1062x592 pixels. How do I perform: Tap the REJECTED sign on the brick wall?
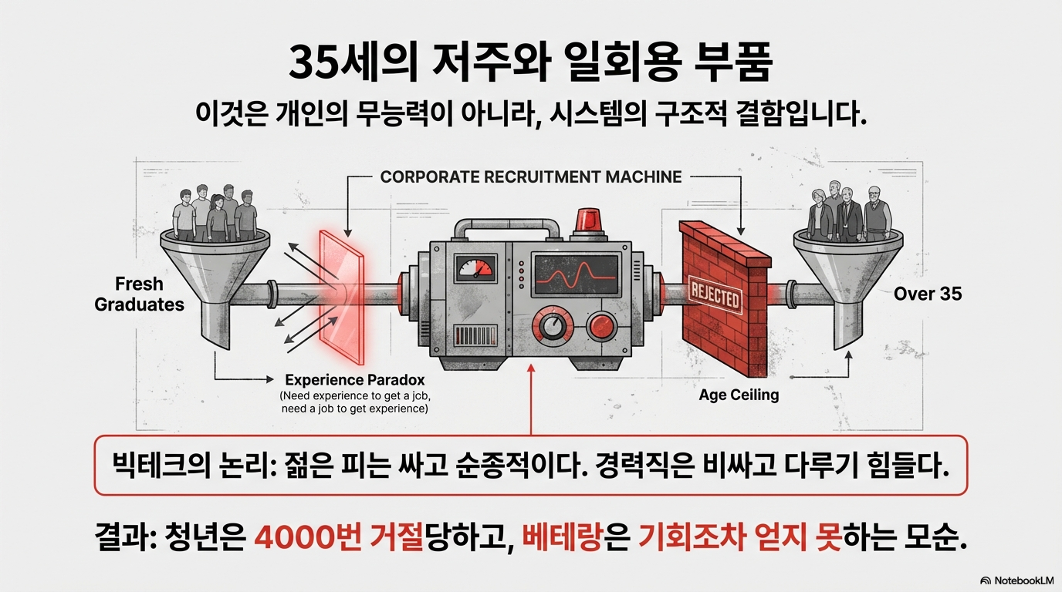[x=715, y=298]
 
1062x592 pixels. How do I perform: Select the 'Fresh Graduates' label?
[x=139, y=294]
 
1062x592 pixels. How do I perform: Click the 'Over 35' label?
[x=928, y=294]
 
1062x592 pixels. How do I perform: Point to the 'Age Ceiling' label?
[x=739, y=395]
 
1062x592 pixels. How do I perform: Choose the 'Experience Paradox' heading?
[x=354, y=380]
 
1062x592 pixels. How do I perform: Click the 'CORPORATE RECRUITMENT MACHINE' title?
[x=531, y=177]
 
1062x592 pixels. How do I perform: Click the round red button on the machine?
[x=603, y=327]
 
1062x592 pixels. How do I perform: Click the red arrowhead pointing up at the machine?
[x=531, y=369]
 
